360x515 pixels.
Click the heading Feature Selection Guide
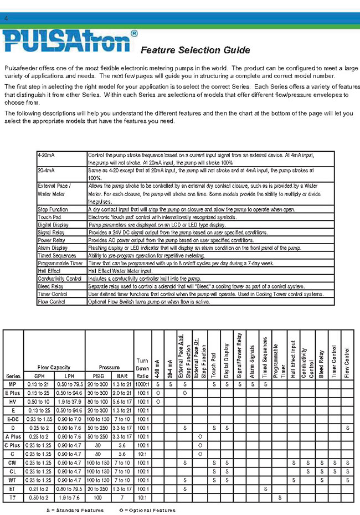195,50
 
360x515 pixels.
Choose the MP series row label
12,383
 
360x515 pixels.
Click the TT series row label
12,497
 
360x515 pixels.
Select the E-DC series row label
12,419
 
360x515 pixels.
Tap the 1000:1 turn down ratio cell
142,383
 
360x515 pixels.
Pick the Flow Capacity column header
54,367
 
